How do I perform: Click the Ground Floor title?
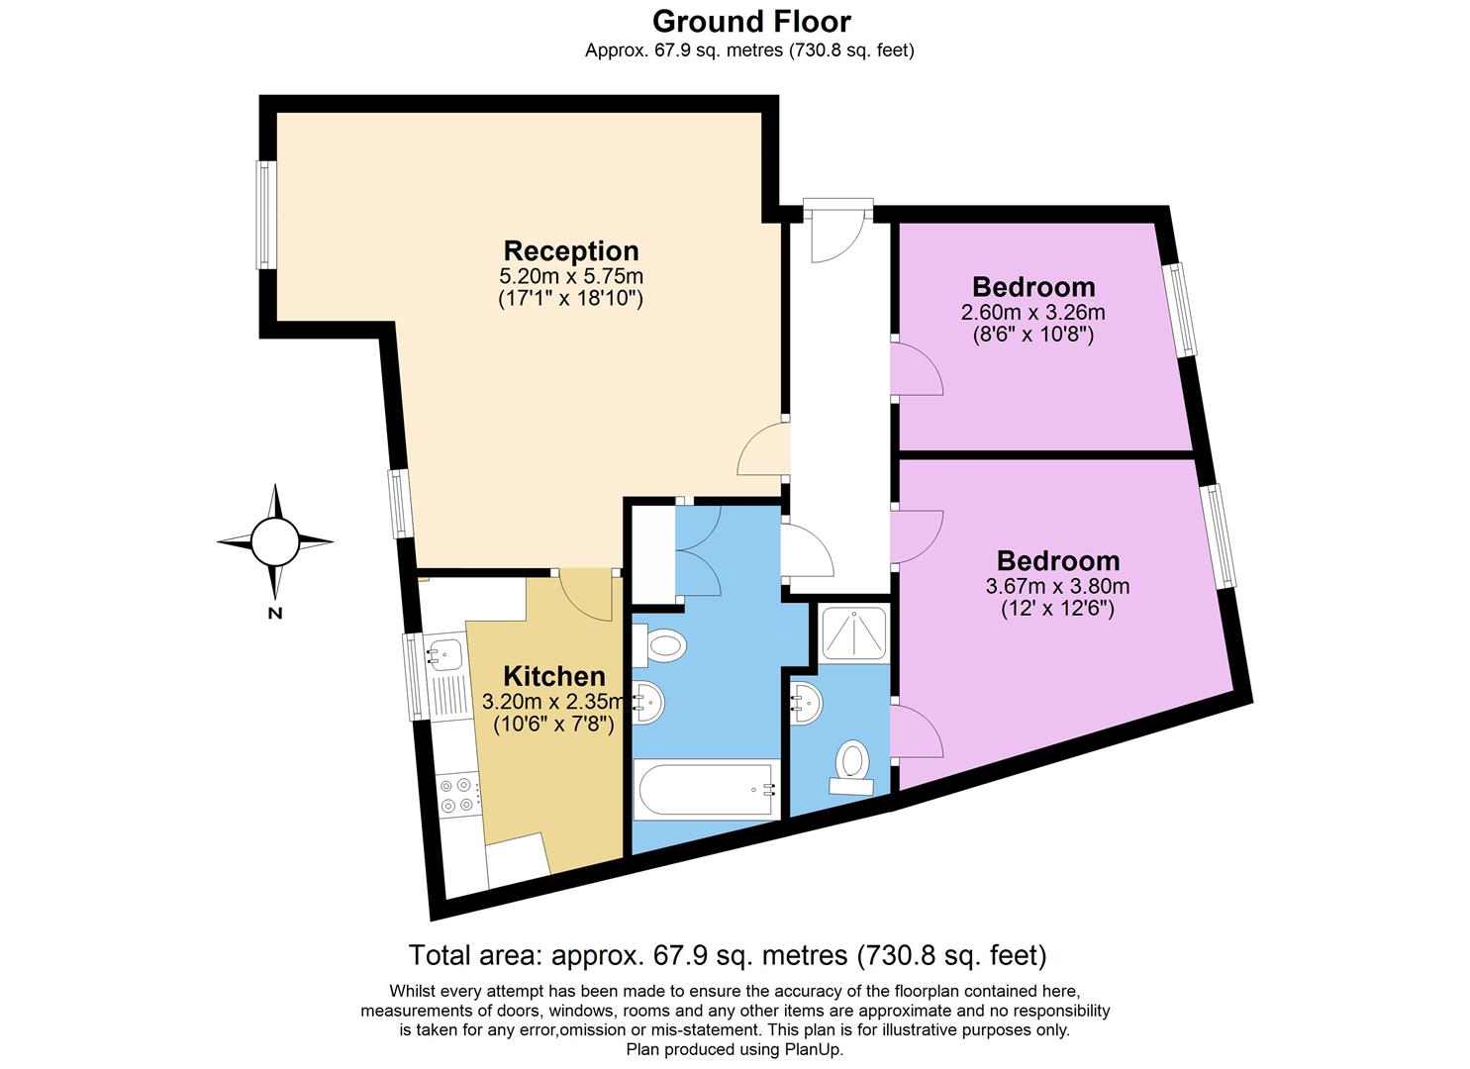pyautogui.click(x=751, y=21)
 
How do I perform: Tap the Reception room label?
pyautogui.click(x=571, y=250)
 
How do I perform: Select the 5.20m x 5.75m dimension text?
pyautogui.click(x=571, y=276)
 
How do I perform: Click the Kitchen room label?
pyautogui.click(x=554, y=677)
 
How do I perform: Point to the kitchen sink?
pyautogui.click(x=443, y=654)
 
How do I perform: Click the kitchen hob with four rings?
pyautogui.click(x=457, y=794)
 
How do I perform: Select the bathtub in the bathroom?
pyautogui.click(x=706, y=790)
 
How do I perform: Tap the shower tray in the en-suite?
pyautogui.click(x=852, y=633)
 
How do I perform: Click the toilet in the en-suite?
pyautogui.click(x=851, y=765)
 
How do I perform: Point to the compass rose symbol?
pyautogui.click(x=274, y=540)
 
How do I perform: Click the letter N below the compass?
pyautogui.click(x=275, y=614)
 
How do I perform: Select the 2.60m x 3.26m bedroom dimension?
pyautogui.click(x=1032, y=313)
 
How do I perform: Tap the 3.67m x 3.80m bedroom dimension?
pyautogui.click(x=1057, y=586)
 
